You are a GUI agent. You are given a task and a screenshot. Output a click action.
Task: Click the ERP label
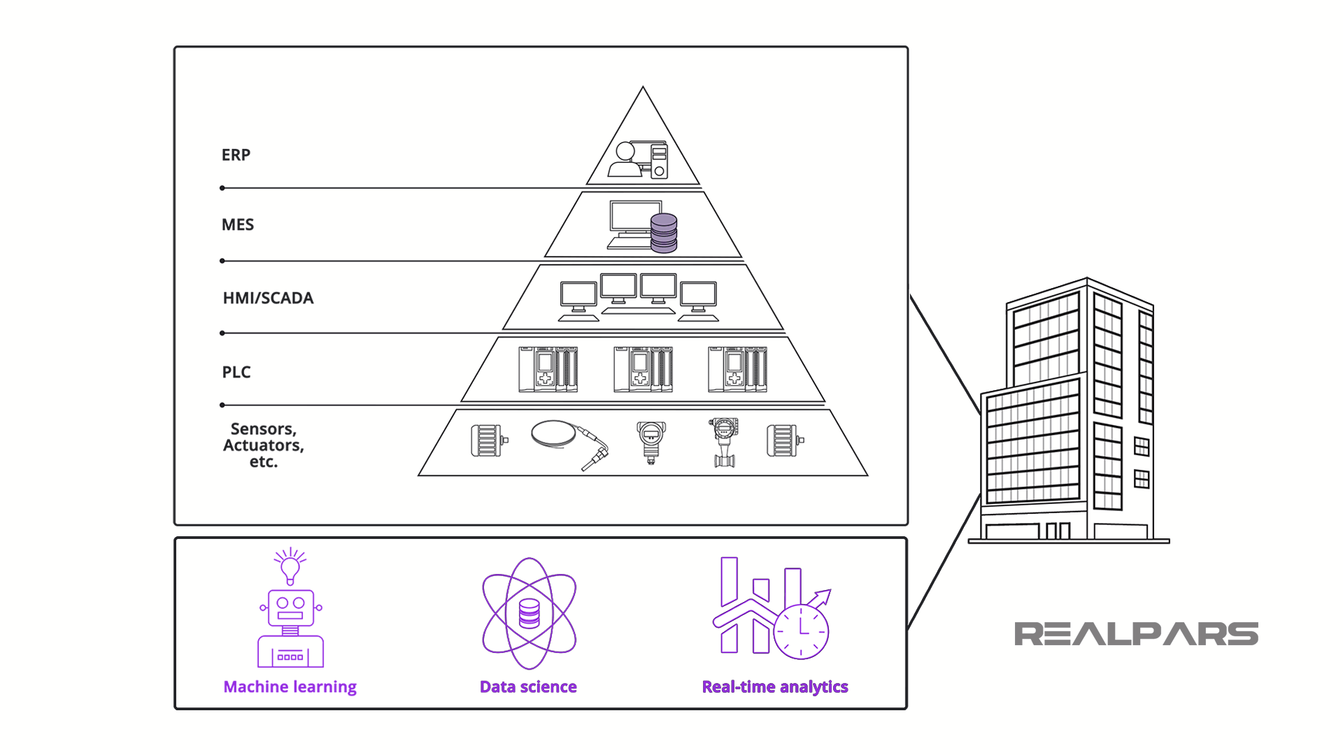[x=236, y=154]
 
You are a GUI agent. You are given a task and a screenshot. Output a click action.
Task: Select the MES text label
[x=238, y=224]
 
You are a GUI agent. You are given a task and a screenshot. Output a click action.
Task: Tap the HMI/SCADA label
[x=268, y=298]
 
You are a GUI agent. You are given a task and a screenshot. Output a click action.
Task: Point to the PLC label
[x=236, y=372]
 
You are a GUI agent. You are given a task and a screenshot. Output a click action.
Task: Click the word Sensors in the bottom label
[x=263, y=429]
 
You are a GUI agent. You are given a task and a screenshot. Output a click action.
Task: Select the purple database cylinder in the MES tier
[x=664, y=233]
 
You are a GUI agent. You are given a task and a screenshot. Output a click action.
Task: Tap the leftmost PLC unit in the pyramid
[x=548, y=369]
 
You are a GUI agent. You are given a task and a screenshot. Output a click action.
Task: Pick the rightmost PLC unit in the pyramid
[x=737, y=369]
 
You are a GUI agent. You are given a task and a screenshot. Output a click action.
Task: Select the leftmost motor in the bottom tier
[x=488, y=440]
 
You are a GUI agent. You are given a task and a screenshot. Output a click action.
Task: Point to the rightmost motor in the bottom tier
[x=784, y=440]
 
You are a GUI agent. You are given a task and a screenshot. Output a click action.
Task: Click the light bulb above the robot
[x=290, y=567]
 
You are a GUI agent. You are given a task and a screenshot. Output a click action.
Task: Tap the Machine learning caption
[x=290, y=686]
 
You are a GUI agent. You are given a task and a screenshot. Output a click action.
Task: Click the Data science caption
[x=528, y=686]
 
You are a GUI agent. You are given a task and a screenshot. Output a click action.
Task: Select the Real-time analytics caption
[x=775, y=686]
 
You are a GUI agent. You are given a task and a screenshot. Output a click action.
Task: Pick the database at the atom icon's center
[x=530, y=614]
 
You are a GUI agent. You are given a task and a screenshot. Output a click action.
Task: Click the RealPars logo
[x=1136, y=634]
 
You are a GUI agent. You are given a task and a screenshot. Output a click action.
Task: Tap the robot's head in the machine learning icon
[x=290, y=607]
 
